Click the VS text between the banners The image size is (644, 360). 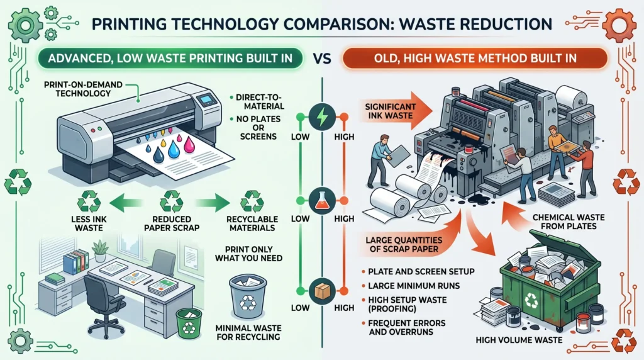pyautogui.click(x=322, y=59)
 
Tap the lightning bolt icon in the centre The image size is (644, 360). pyautogui.click(x=322, y=118)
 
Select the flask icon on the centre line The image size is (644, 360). pyautogui.click(x=322, y=201)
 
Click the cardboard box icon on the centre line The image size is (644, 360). pyautogui.click(x=322, y=291)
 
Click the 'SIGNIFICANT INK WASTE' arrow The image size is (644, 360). pyautogui.click(x=396, y=111)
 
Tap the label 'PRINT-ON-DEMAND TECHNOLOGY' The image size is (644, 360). pyautogui.click(x=84, y=89)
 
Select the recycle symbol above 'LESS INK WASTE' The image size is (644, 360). pyautogui.click(x=89, y=201)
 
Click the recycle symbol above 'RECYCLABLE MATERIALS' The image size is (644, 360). pyautogui.click(x=252, y=201)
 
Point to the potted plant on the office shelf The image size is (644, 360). pyautogui.click(x=100, y=250)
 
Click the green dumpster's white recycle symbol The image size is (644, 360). pyautogui.click(x=531, y=300)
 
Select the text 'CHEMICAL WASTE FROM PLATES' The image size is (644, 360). pyautogui.click(x=569, y=222)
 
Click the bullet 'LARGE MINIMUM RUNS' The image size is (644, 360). pyautogui.click(x=414, y=286)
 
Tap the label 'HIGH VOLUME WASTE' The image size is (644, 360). pyautogui.click(x=519, y=340)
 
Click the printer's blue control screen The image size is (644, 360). pyautogui.click(x=206, y=100)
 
